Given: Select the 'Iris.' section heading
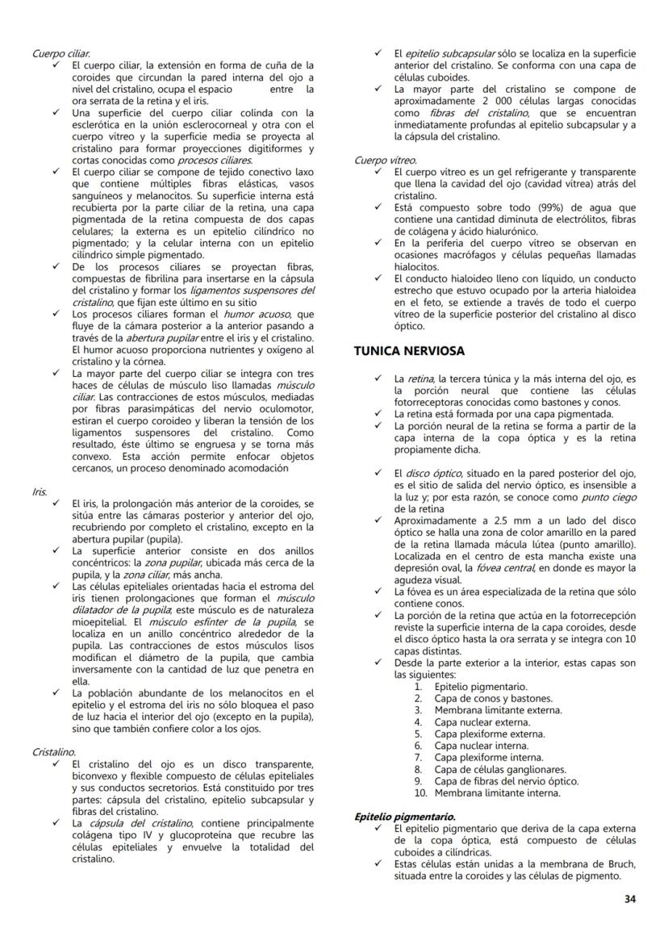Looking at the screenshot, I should coord(40,490).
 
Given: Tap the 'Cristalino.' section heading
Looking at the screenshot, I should coord(54,751).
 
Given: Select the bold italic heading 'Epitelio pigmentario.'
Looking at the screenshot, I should coord(405,817).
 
